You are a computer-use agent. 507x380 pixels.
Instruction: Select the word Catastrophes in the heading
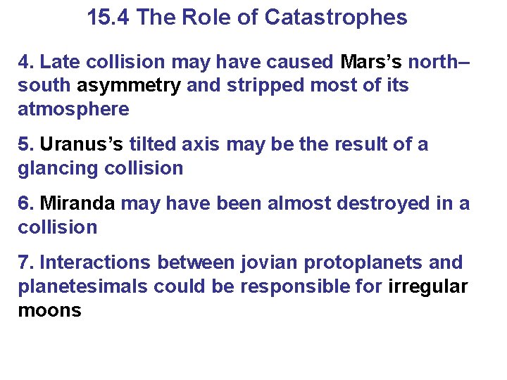[x=336, y=18]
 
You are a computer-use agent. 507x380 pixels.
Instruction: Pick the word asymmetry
[x=129, y=86]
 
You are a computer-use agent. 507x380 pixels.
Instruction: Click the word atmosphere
[x=73, y=110]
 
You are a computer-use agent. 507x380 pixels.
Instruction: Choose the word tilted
[x=151, y=145]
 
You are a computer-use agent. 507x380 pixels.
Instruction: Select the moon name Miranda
[x=77, y=204]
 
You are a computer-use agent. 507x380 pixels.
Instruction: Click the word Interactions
[x=96, y=263]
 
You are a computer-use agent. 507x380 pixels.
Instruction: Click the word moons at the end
[x=49, y=310]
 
